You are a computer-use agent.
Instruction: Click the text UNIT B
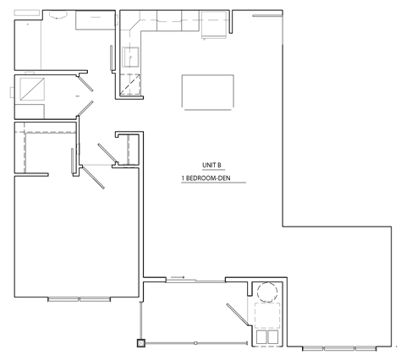[x=211, y=166]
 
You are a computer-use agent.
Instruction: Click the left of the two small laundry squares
[x=261, y=335]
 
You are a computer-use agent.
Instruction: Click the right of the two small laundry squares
[x=273, y=335]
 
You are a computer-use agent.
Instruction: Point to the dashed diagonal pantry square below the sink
[x=131, y=84]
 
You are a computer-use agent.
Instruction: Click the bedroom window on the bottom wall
[x=79, y=299]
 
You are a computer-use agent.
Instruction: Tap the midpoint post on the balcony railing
[x=195, y=343]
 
